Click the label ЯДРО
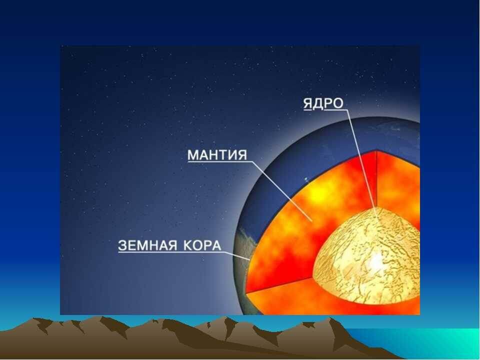pos(323,103)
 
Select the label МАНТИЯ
pos(217,154)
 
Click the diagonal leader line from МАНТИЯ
pos(282,190)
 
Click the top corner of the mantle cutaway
pos(376,150)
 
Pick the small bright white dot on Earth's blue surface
pos(306,179)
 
